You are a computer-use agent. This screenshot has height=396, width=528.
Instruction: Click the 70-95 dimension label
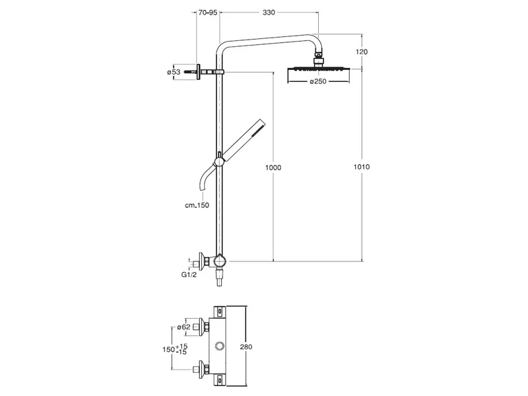[208, 13]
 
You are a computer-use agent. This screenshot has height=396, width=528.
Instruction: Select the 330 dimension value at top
[269, 13]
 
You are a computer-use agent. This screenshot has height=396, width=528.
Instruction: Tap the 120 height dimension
[362, 52]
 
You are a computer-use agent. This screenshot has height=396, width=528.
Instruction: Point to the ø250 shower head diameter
[318, 81]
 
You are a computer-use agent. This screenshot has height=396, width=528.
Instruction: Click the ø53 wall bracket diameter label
[174, 72]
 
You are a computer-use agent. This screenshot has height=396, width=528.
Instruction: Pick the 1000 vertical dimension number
[273, 168]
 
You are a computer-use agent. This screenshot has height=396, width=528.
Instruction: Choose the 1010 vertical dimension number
[362, 167]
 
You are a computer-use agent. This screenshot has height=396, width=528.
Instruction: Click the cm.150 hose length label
[197, 205]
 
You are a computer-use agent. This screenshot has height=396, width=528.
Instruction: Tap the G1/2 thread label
[189, 275]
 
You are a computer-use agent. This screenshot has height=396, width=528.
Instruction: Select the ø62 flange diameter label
[184, 327]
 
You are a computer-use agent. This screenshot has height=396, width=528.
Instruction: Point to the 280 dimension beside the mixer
[246, 347]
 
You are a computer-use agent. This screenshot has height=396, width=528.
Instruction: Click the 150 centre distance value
[168, 350]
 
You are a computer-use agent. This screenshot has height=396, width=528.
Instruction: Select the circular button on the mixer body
[220, 346]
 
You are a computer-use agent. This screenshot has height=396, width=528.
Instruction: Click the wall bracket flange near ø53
[199, 72]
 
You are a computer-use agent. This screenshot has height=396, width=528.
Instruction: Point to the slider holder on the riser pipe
[219, 162]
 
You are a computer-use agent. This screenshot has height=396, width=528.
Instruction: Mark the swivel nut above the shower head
[319, 61]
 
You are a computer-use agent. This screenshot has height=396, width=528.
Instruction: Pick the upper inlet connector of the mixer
[202, 327]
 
